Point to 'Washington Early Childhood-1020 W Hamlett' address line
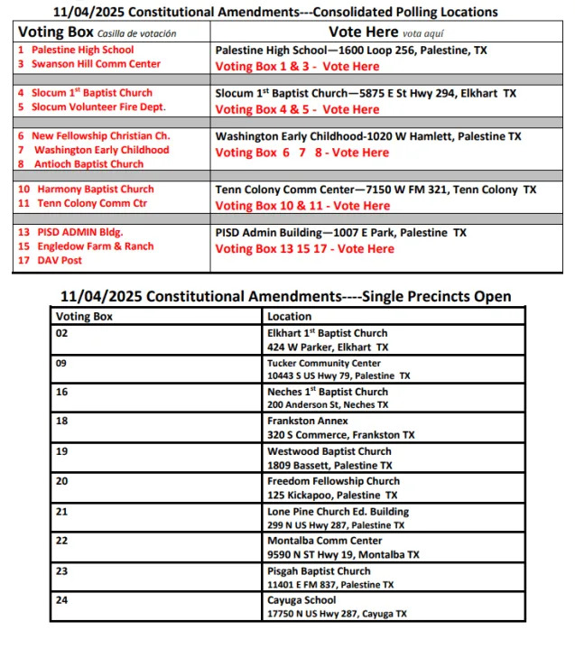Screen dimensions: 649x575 pyautogui.click(x=367, y=136)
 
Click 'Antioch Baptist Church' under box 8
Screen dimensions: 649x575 pyautogui.click(x=88, y=164)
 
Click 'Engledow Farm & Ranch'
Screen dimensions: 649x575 pyautogui.click(x=94, y=246)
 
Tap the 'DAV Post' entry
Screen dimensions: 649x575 pyautogui.click(x=60, y=260)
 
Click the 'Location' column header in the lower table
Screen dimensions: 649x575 pyautogui.click(x=289, y=317)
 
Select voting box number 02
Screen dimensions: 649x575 pyautogui.click(x=62, y=333)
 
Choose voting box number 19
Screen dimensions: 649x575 pyautogui.click(x=62, y=451)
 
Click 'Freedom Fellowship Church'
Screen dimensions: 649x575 pyautogui.click(x=333, y=481)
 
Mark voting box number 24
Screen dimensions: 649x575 pyautogui.click(x=62, y=600)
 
